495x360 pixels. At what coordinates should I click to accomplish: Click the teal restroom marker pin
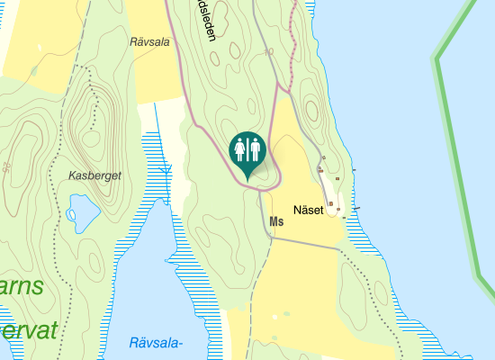(247, 149)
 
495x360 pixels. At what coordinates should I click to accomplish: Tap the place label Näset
(308, 210)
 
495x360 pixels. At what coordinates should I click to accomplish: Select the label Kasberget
(94, 175)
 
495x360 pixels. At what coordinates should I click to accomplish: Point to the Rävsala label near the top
(149, 41)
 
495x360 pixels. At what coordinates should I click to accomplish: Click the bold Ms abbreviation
(275, 221)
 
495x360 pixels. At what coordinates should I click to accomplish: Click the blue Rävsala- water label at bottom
(156, 343)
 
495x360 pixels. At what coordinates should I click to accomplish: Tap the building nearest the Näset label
(330, 204)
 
